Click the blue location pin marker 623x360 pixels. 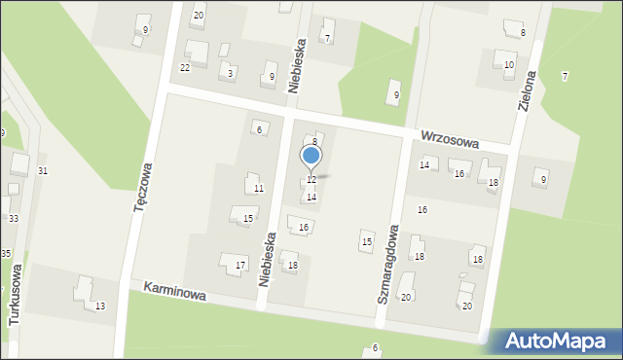click(x=311, y=156)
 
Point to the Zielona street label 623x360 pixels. click(x=529, y=90)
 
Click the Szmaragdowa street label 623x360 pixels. click(x=387, y=263)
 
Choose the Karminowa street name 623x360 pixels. click(x=174, y=292)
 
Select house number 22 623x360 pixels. click(x=185, y=67)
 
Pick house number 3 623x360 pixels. click(x=230, y=73)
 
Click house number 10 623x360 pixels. click(x=509, y=65)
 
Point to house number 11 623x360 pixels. click(x=258, y=188)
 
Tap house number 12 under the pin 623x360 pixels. click(x=311, y=180)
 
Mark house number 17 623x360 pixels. click(x=240, y=265)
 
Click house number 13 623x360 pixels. click(x=100, y=306)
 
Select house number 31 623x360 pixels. click(x=42, y=171)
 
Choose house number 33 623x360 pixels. click(x=13, y=219)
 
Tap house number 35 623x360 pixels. click(x=6, y=253)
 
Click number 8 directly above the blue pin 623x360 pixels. click(x=314, y=141)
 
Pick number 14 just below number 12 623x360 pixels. click(x=311, y=197)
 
